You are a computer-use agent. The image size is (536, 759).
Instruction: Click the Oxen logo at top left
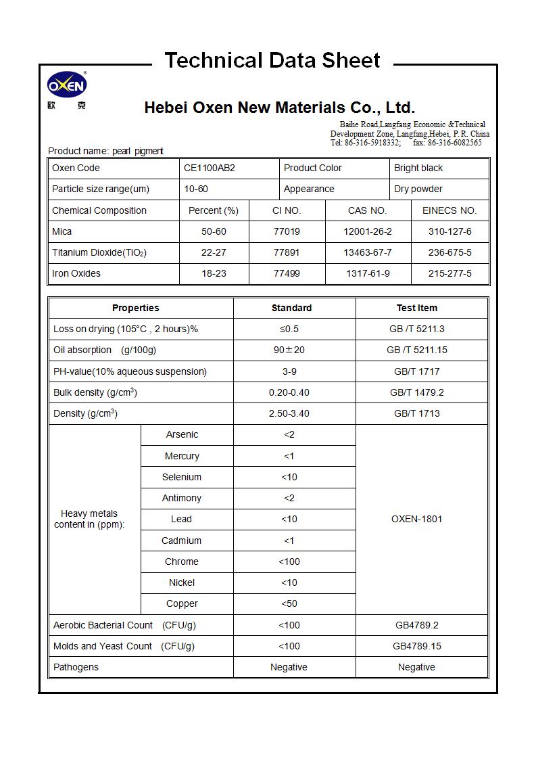(67, 86)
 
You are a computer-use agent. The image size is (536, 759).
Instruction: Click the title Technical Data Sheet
(272, 60)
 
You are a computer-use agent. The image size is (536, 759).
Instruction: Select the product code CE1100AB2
(210, 168)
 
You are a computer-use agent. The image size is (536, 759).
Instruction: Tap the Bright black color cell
(418, 168)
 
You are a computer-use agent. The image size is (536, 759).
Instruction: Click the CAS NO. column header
(368, 210)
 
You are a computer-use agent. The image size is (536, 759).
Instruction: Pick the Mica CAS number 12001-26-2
(368, 231)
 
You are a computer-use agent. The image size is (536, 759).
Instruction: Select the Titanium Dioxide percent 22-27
(214, 252)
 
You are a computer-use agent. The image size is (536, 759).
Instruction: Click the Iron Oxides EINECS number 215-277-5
(449, 273)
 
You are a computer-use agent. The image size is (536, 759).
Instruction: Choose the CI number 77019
(287, 231)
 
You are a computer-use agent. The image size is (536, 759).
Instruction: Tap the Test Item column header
(416, 308)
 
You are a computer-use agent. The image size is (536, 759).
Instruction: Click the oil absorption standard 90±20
(289, 350)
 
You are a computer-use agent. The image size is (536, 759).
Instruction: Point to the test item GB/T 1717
(416, 371)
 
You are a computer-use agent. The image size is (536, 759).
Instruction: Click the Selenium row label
(182, 477)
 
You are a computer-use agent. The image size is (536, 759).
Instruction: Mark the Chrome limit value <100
(289, 561)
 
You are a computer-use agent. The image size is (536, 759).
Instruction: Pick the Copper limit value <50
(289, 603)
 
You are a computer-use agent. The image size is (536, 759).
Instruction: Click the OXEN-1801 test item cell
(416, 519)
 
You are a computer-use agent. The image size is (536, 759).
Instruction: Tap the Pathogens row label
(76, 667)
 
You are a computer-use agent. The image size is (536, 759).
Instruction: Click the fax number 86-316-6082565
(454, 143)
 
